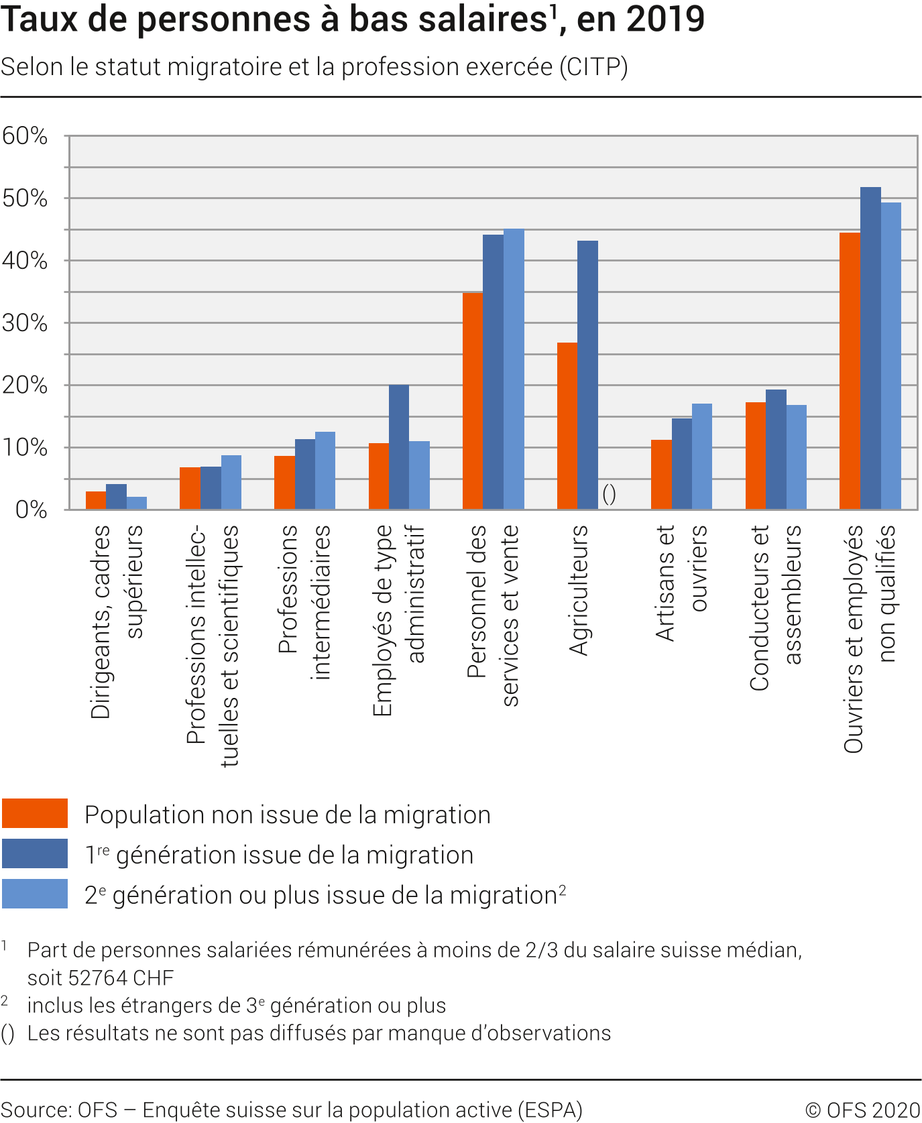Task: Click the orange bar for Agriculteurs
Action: tap(567, 426)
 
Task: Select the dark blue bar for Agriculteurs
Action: tap(587, 375)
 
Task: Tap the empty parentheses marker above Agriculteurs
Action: tap(609, 495)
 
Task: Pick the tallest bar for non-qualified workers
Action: tap(870, 348)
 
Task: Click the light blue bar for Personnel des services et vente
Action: tap(514, 369)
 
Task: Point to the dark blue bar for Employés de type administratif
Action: tap(399, 447)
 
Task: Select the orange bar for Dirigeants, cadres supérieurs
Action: tap(96, 500)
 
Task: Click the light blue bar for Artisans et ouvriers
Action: tap(702, 457)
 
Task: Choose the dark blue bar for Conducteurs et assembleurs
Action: tap(776, 449)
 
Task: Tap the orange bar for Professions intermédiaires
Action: tap(284, 483)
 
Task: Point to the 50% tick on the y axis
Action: tap(25, 198)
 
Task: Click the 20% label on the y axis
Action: tap(25, 386)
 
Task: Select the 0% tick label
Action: tap(31, 510)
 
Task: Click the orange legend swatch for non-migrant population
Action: tap(35, 813)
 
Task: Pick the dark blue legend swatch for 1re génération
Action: tap(35, 853)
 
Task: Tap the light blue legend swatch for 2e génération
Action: tap(35, 894)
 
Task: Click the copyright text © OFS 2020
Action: tap(862, 1110)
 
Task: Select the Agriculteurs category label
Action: tap(578, 590)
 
